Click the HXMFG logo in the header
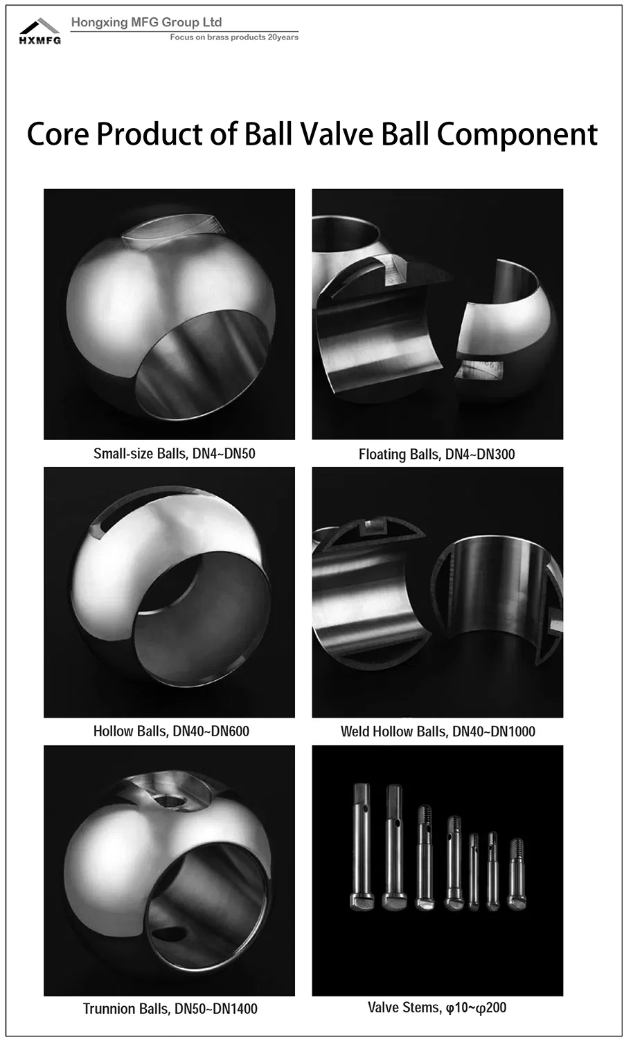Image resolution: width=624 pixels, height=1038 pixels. [40, 31]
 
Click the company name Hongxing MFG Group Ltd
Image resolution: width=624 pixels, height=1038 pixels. [147, 22]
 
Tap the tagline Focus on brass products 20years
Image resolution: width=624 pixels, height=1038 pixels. [234, 37]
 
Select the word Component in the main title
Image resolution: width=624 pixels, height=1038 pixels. [517, 136]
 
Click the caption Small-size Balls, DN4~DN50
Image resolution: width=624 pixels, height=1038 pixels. [175, 453]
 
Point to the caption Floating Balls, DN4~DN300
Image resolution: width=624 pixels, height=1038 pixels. [436, 454]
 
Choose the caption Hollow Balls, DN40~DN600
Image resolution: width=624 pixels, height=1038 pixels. [171, 731]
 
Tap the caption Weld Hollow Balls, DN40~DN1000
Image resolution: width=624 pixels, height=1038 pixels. [438, 731]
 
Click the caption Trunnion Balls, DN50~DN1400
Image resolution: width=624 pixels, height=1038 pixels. [170, 1008]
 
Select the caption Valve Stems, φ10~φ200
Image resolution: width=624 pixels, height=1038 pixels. [437, 1008]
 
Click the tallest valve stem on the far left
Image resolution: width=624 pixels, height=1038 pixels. [362, 846]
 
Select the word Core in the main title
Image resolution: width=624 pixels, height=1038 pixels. [57, 134]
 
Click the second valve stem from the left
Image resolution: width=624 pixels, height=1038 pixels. [394, 846]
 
